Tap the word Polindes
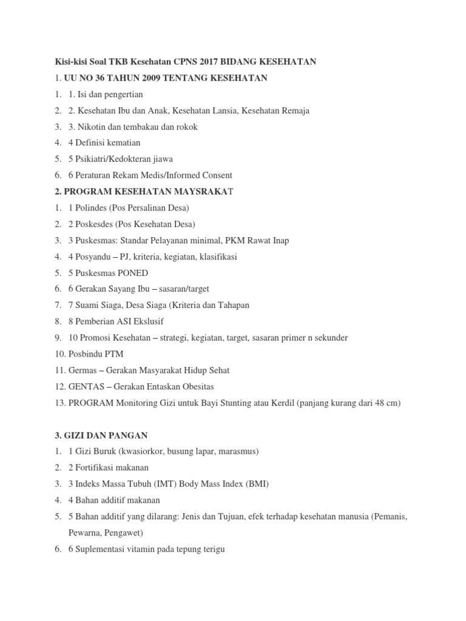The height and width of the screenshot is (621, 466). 93,208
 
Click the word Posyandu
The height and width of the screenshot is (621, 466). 93,257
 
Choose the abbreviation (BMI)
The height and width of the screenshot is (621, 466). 256,484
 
